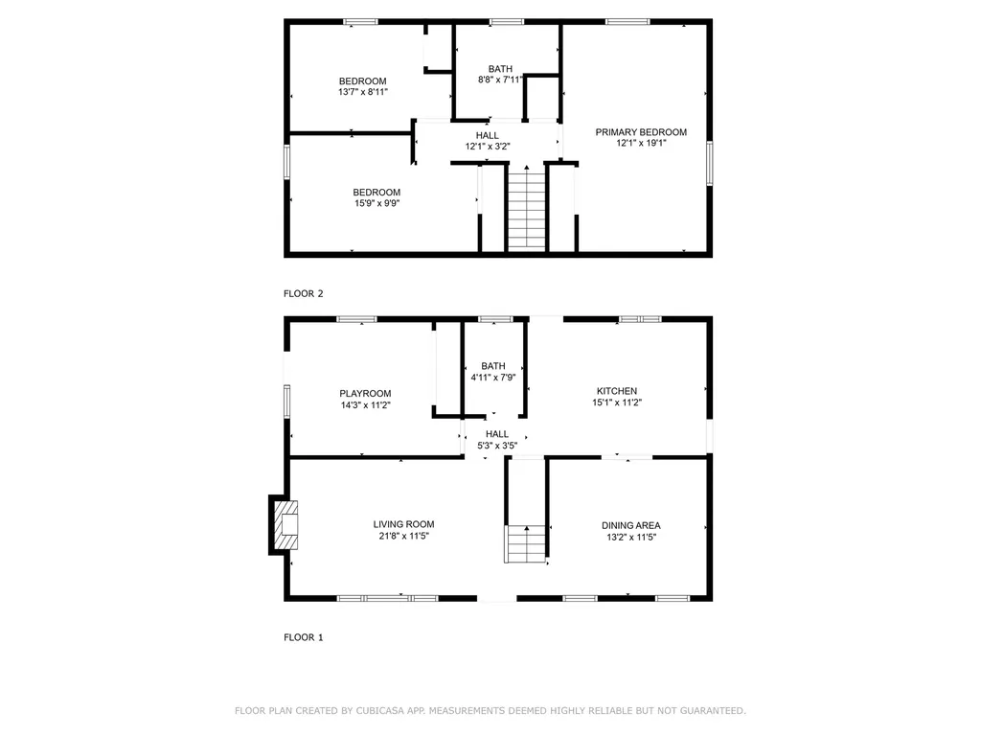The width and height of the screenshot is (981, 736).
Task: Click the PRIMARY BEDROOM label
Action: (641, 132)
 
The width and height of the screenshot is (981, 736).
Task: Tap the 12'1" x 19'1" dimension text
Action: (641, 143)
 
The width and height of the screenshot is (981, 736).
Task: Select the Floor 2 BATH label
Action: (500, 69)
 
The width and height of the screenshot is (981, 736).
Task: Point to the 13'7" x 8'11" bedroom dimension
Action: (363, 92)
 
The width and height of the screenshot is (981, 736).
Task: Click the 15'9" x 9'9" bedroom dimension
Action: (376, 203)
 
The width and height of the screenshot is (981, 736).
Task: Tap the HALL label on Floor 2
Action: (488, 135)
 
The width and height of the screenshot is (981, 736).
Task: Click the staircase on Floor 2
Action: (527, 207)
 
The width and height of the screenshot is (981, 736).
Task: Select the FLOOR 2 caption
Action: (304, 293)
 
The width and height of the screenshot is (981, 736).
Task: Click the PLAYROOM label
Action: (365, 394)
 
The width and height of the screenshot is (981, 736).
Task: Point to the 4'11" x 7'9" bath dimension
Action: (493, 378)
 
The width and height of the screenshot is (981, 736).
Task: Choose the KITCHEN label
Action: (617, 391)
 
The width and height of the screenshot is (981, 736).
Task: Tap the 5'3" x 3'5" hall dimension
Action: (497, 446)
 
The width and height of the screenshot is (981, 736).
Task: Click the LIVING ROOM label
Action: (403, 524)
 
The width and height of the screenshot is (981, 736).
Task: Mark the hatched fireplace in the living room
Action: (286, 524)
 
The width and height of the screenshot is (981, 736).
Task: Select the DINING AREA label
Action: (631, 526)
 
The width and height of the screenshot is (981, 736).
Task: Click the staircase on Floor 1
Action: (526, 543)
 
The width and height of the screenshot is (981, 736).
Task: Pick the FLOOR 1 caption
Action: (304, 637)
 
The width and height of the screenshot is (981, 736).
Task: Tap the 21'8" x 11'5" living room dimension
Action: (403, 537)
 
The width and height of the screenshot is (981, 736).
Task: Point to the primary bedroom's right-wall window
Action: (710, 163)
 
